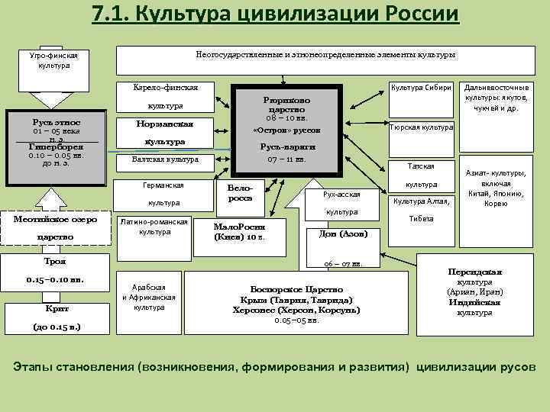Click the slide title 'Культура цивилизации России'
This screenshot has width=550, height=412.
[275, 14]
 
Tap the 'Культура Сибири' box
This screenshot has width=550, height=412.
[422, 88]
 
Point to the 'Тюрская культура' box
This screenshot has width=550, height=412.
[422, 127]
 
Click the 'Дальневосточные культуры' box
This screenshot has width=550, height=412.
[501, 98]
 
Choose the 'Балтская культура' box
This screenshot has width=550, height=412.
[166, 159]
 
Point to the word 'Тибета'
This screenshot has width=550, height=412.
[421, 218]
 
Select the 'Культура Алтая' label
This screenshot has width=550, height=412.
[422, 201]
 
